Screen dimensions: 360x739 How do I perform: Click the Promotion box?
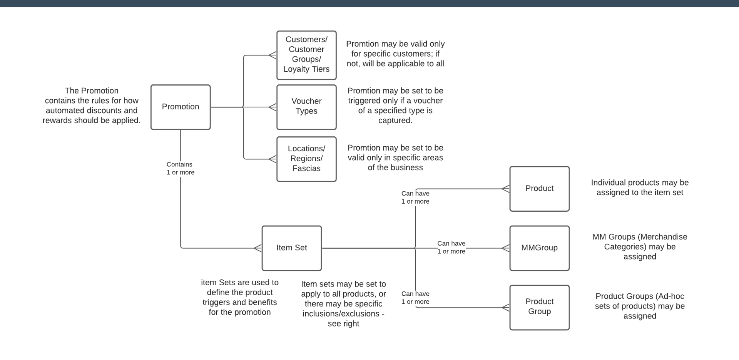[181, 107]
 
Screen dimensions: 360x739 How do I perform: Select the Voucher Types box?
[306, 107]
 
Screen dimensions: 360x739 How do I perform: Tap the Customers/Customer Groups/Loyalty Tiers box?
[306, 55]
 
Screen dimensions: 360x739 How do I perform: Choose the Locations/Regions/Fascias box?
[306, 159]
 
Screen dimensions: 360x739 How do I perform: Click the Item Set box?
[291, 248]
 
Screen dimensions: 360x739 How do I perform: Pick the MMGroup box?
[539, 248]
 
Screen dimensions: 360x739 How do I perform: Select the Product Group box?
[539, 307]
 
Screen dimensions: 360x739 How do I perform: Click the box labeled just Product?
[539, 189]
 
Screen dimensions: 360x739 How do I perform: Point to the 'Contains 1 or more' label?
[180, 168]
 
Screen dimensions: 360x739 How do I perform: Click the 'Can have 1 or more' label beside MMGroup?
[451, 247]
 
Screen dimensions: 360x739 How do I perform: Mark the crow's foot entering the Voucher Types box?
[273, 107]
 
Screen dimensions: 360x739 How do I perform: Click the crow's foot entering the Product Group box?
[506, 308]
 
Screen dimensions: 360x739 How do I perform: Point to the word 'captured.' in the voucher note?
[395, 121]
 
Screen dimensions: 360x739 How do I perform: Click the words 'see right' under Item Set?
[343, 324]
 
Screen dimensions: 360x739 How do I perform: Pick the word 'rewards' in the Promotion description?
[57, 121]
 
